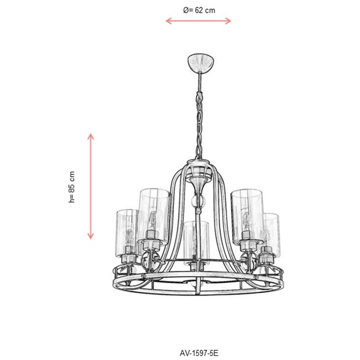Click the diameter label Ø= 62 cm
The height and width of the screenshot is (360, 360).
click(199, 10)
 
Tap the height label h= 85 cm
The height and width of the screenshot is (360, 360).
click(72, 187)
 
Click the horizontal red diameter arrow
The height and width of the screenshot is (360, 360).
click(198, 21)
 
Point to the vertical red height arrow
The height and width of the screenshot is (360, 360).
click(91, 186)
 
